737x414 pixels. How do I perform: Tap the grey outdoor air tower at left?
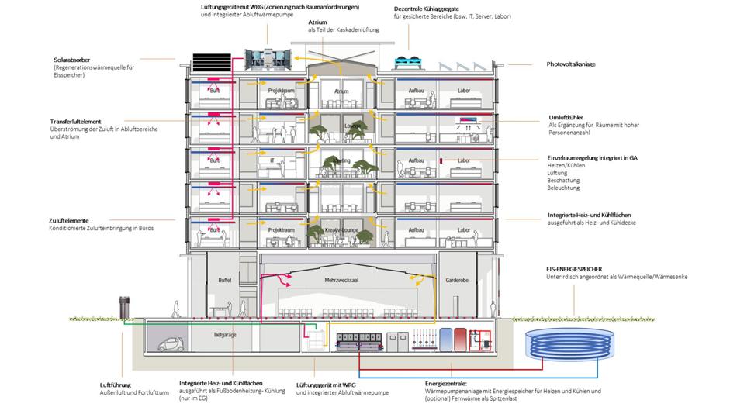pyautogui.click(x=121, y=306)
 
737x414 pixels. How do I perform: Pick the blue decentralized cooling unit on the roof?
pyautogui.click(x=405, y=61)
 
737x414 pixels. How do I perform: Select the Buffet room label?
pyautogui.click(x=225, y=279)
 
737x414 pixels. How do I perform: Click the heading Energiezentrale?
pyautogui.click(x=445, y=383)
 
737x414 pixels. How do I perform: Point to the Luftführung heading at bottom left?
pyautogui.click(x=116, y=384)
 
